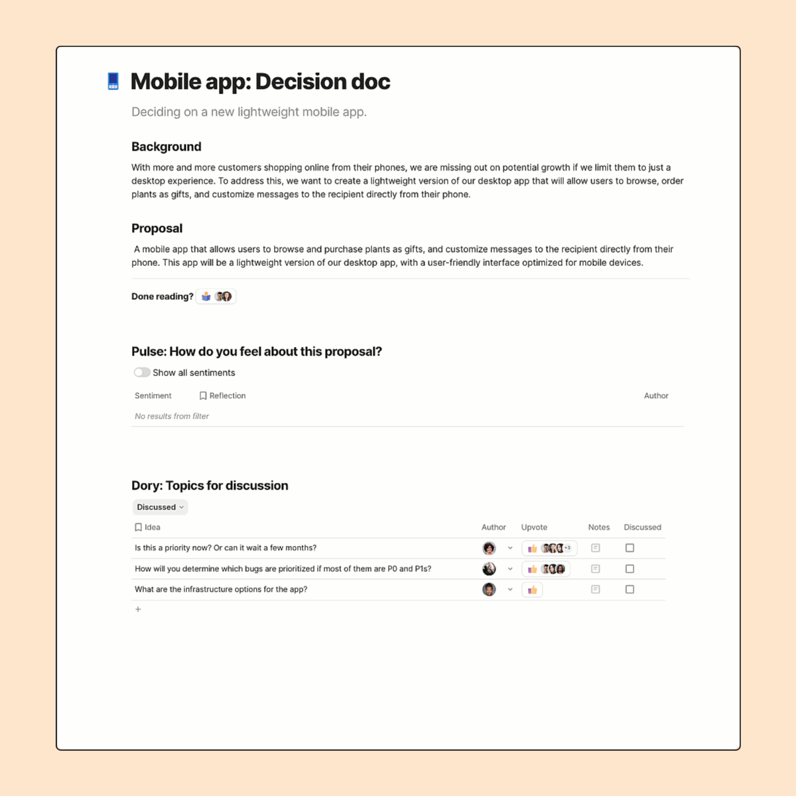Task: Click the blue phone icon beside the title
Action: pos(113,82)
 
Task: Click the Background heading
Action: pos(166,147)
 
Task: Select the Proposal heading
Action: pos(157,228)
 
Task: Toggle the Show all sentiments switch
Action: pos(142,373)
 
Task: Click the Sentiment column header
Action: pos(153,396)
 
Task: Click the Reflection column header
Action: pos(223,396)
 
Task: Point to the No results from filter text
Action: pos(172,417)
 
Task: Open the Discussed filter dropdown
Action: pos(160,507)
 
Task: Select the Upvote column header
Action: pos(534,527)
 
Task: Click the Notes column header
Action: pos(598,527)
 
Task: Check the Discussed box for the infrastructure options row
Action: pos(630,589)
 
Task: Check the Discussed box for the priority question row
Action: pos(630,548)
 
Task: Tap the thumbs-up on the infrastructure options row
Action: pos(532,590)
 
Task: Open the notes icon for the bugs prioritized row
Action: pos(596,569)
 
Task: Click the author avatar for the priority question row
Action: pos(489,548)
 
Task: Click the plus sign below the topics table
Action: pos(138,610)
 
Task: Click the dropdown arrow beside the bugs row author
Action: pos(510,569)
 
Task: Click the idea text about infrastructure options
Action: pos(221,589)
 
